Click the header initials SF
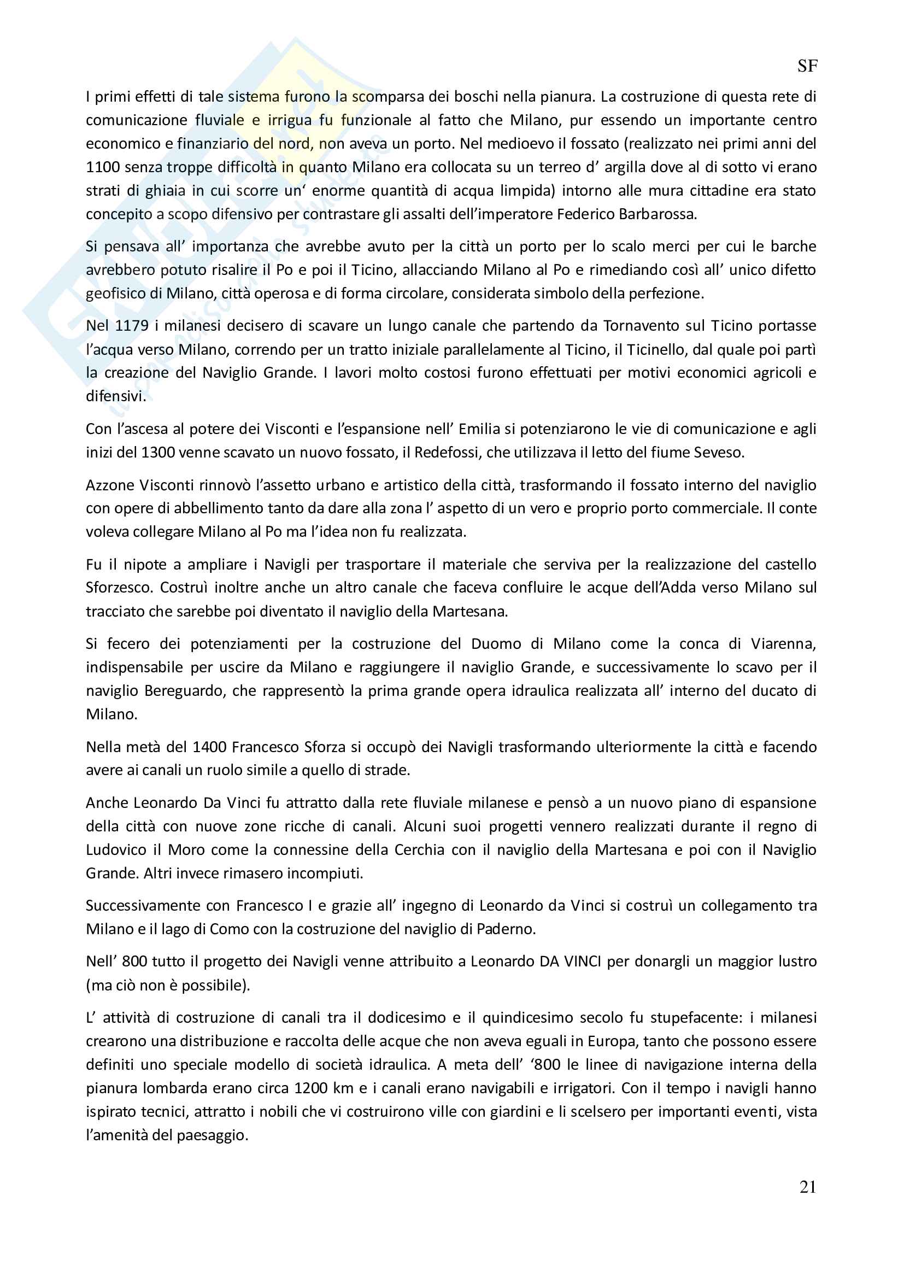(x=807, y=66)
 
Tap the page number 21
(x=808, y=1187)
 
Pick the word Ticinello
(x=655, y=349)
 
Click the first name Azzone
(x=110, y=485)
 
